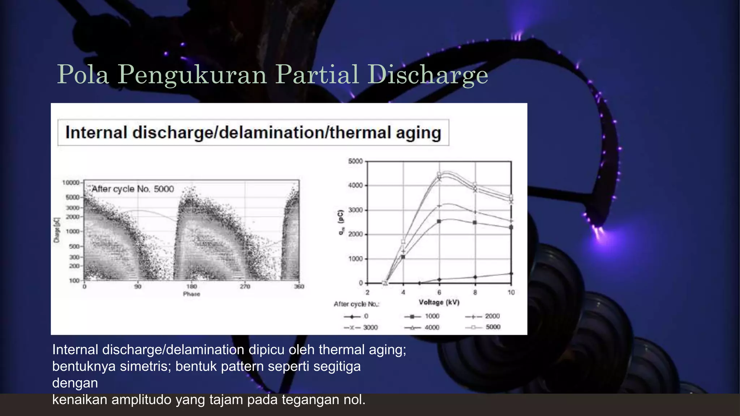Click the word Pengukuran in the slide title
click(192, 75)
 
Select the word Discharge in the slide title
click(428, 75)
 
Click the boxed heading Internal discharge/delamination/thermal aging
click(253, 133)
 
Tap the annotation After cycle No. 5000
click(133, 189)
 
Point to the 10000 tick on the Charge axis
click(70, 183)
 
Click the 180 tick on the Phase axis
click(192, 286)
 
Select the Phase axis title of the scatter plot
click(192, 294)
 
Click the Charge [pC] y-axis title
click(56, 230)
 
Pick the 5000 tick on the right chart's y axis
click(355, 161)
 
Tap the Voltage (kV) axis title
click(439, 302)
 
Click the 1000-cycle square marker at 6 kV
click(439, 221)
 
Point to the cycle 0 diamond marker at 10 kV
click(511, 273)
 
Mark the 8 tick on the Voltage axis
click(475, 292)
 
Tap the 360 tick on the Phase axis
click(299, 286)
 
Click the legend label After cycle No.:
click(356, 304)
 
